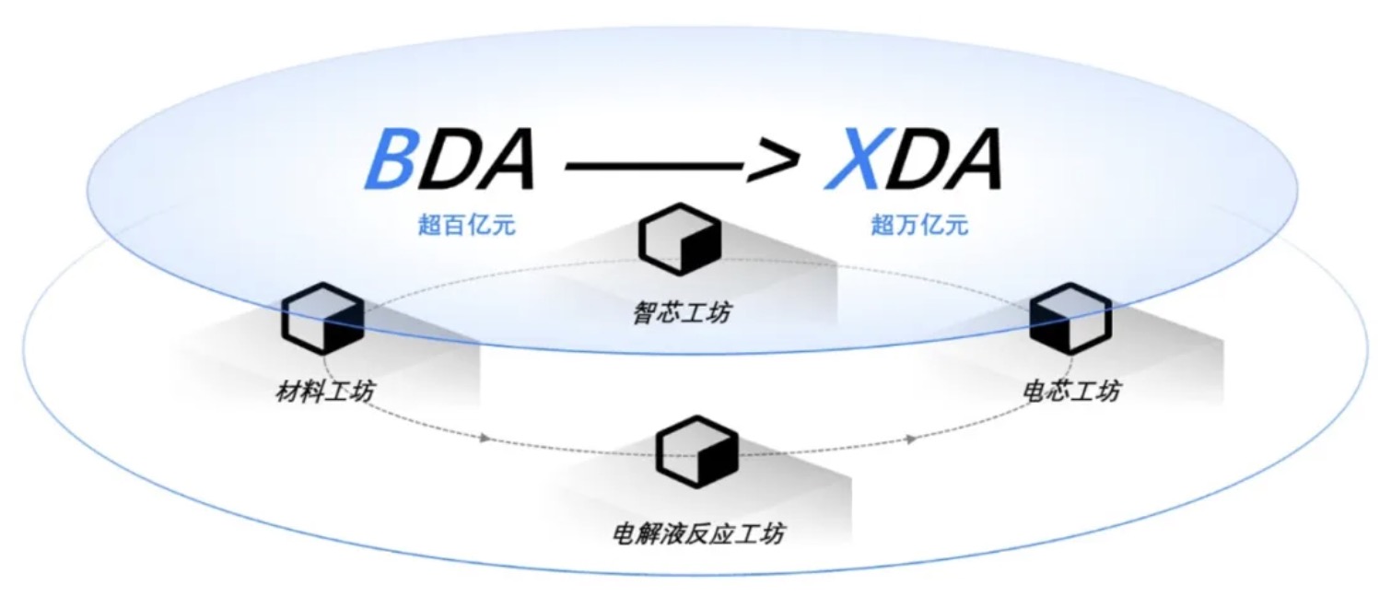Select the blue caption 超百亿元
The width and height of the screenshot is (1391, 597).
pos(467,225)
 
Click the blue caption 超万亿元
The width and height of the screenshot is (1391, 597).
pos(919,225)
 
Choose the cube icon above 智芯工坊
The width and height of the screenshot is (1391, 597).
pos(680,239)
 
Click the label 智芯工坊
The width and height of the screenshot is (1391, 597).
pos(682,313)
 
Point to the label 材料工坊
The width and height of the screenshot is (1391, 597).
pos(325,392)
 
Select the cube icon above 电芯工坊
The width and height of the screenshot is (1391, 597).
pos(1070,317)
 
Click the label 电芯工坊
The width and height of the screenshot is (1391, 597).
pos(1072,391)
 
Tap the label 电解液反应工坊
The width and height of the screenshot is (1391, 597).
pos(698,533)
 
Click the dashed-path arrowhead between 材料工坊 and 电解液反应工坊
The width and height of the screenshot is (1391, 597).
pos(485,438)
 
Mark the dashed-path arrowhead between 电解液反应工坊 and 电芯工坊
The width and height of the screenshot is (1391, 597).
pos(911,439)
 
